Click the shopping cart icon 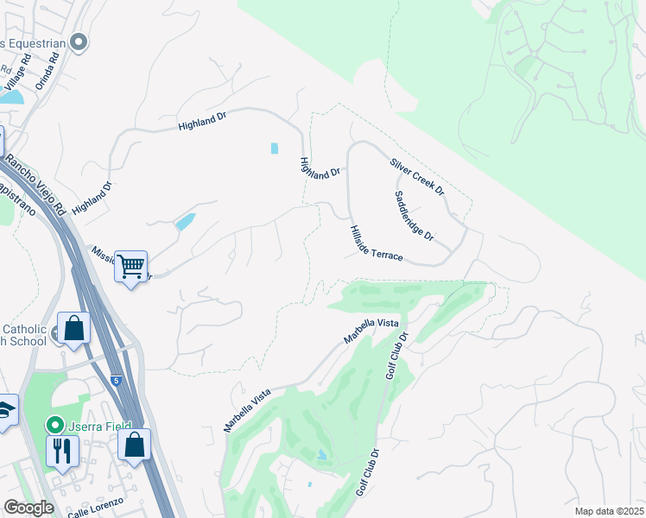coord(130,267)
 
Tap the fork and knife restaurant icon coord(63,450)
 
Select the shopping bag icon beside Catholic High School coord(73,328)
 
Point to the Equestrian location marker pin coord(79,41)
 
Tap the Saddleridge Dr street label coord(415,216)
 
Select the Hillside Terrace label coord(377,243)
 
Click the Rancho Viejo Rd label coord(35,185)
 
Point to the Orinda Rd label coord(47,72)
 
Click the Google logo coord(28,508)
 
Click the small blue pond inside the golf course coord(321,455)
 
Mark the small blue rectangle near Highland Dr coord(275,148)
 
